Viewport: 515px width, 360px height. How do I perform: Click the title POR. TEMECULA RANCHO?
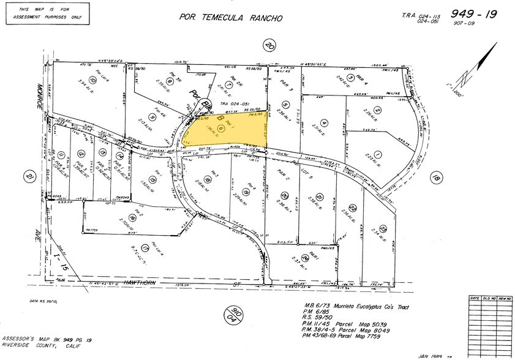pos(231,18)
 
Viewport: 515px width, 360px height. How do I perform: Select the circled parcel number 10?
pos(93,80)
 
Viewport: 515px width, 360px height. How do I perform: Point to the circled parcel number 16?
pos(132,218)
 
